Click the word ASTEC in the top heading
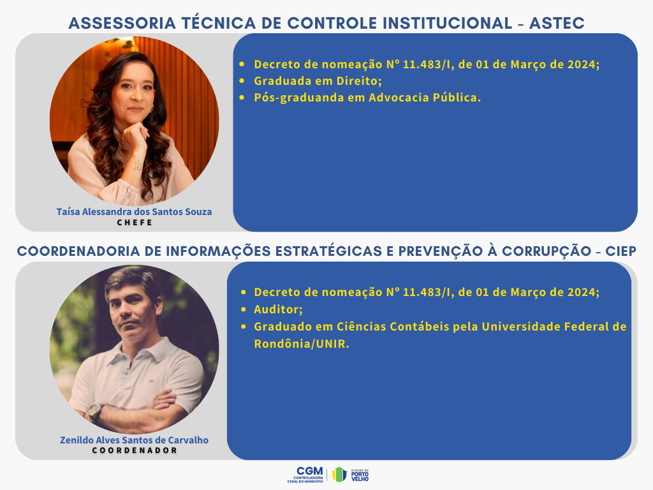557,24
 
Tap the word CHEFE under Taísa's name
135,223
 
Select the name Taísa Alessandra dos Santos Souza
134,212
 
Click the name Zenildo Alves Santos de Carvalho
134,440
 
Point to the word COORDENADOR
135,450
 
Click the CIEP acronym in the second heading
620,251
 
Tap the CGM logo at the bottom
305,475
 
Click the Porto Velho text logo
360,475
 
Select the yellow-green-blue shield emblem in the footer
339,475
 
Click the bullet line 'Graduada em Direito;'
318,81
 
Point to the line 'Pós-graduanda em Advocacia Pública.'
367,98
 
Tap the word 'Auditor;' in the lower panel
278,309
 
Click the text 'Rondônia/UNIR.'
302,344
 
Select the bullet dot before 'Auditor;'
244,309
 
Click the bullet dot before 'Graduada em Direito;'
242,81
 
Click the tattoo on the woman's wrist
137,165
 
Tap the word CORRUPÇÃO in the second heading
547,251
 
